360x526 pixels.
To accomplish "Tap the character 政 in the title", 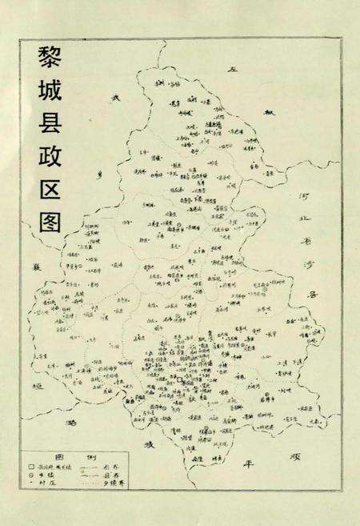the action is (x=50, y=151).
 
